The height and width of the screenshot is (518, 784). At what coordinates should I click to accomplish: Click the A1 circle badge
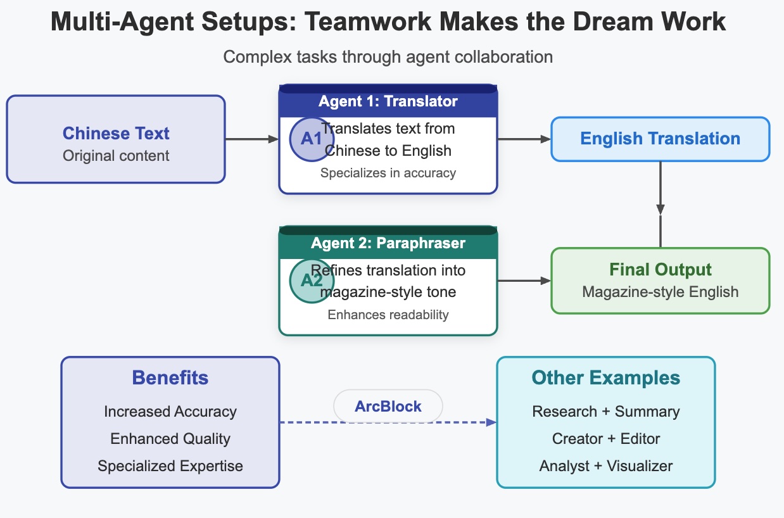312,139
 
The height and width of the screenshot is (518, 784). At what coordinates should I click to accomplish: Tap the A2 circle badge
312,281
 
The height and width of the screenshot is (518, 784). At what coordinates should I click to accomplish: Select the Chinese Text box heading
116,134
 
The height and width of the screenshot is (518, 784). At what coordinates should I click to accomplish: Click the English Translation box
660,139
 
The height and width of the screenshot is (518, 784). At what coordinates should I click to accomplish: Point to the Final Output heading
661,269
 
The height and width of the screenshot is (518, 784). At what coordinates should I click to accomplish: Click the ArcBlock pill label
388,407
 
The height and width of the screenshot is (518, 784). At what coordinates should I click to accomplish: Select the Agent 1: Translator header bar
388,101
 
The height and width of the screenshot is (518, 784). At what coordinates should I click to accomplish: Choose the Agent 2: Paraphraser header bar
388,243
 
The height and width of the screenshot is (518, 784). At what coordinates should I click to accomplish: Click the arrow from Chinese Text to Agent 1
252,139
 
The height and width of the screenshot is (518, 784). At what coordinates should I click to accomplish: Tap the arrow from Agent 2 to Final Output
524,281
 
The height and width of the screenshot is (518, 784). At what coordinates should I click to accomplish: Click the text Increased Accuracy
170,412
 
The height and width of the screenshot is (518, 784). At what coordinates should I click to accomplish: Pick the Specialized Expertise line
170,466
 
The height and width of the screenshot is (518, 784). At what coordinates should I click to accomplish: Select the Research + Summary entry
606,412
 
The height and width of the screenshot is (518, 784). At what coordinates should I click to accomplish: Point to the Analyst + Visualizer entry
606,466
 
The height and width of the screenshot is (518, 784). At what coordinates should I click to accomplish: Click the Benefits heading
170,378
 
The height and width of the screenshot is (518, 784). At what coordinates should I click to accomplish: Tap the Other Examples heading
606,378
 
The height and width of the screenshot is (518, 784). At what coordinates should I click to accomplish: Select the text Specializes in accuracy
388,173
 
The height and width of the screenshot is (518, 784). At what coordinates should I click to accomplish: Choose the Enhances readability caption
388,315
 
